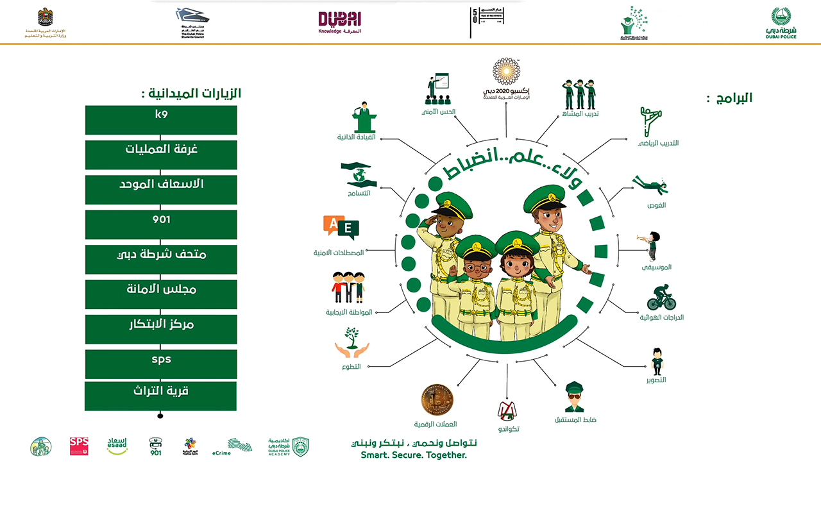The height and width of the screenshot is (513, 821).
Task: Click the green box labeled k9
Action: (x=161, y=120)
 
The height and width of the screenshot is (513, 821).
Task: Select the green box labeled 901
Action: (x=161, y=224)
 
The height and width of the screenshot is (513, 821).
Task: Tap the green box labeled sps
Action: (x=161, y=364)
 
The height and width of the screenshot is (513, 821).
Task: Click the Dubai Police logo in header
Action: (x=781, y=23)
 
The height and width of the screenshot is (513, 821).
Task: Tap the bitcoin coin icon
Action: (x=437, y=400)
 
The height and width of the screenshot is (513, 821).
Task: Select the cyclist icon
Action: (x=661, y=298)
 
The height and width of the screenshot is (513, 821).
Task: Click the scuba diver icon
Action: (x=650, y=185)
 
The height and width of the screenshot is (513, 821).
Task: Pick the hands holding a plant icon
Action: (x=351, y=343)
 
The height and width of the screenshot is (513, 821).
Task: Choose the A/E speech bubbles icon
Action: (x=341, y=228)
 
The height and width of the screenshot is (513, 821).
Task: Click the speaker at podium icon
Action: (x=364, y=117)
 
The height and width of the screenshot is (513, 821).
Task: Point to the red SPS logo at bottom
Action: (x=79, y=446)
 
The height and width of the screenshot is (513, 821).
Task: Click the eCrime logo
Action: (x=240, y=446)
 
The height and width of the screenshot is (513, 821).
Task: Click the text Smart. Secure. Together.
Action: (x=414, y=455)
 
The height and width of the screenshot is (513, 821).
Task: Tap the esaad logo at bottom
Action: (x=117, y=446)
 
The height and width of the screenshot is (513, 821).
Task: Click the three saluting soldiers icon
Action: (x=580, y=94)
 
